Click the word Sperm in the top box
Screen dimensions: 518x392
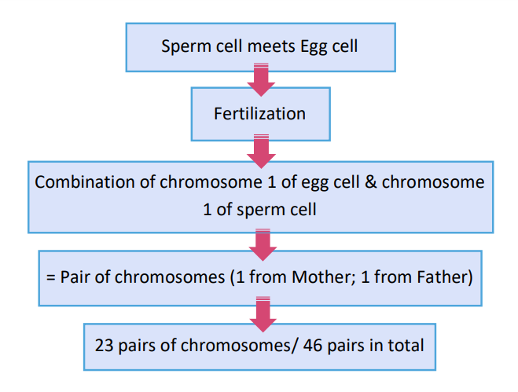pos(186,46)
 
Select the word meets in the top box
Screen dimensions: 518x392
pos(271,46)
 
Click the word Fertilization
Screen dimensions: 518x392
pos(260,114)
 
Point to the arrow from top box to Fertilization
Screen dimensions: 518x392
pos(261,79)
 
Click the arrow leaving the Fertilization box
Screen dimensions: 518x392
pos(261,152)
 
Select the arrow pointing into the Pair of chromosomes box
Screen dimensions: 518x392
pos(263,245)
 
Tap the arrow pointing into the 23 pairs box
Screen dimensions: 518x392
pos(263,314)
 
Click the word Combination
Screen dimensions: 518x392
pos(85,182)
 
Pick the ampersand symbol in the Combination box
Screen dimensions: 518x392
pos(371,182)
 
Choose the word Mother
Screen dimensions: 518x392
pos(321,277)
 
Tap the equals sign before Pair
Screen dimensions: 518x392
pos(51,277)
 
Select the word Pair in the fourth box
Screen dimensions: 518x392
pos(75,277)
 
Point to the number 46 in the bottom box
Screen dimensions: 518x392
pos(313,346)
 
